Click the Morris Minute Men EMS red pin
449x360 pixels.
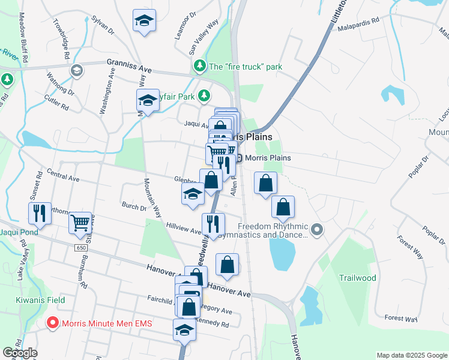coord(53,323)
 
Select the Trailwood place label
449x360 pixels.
coord(357,278)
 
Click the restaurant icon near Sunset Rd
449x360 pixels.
coord(39,213)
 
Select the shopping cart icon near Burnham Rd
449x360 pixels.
coord(79,223)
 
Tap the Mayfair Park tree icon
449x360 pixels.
coord(205,95)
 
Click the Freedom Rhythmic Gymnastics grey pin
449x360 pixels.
coord(318,229)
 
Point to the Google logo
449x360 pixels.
coord(20,353)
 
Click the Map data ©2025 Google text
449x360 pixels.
coord(412,355)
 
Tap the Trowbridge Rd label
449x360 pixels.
coord(64,41)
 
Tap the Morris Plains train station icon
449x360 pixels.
coord(239,158)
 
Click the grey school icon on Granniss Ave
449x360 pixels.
coord(76,71)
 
